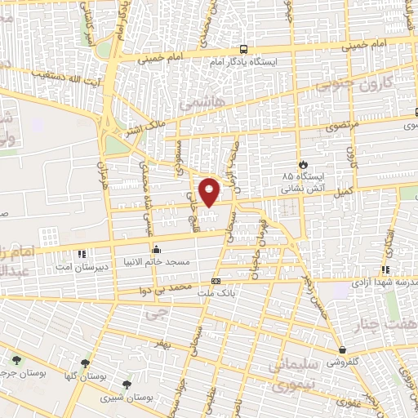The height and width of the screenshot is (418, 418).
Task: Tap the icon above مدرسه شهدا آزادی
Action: click(x=388, y=268)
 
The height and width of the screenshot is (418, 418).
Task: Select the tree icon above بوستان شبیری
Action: click(x=126, y=384)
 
